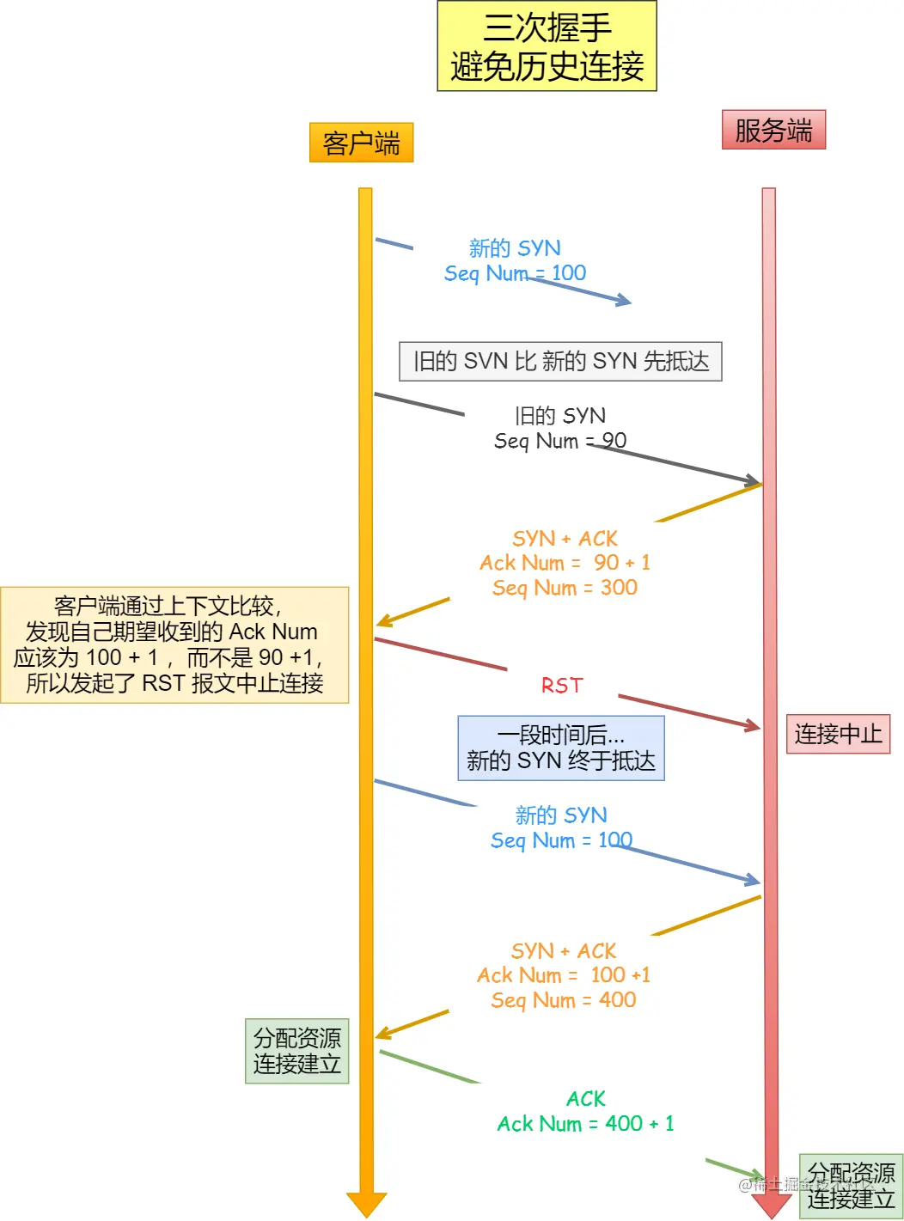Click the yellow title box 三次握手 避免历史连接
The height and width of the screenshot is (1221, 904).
547,46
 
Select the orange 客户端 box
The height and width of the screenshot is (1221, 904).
361,143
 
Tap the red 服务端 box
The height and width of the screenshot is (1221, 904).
773,130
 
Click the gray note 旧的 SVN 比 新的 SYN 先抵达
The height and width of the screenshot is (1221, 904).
560,362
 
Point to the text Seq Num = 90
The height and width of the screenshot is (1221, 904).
559,441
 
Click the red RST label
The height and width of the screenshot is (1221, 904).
562,686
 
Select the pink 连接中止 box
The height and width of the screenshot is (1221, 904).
838,735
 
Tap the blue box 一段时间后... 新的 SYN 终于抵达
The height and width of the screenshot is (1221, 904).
561,748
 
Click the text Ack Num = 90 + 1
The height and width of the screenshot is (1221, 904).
565,563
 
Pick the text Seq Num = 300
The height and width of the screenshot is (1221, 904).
565,588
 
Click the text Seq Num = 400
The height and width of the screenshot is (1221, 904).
563,1000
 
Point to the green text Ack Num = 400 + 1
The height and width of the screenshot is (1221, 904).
585,1124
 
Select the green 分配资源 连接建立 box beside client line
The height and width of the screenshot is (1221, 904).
296,1051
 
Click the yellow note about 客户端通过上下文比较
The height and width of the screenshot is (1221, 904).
174,644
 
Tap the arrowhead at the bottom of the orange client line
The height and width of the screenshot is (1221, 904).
366,1204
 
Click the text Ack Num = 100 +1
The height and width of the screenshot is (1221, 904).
563,975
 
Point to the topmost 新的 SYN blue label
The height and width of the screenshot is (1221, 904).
515,248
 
